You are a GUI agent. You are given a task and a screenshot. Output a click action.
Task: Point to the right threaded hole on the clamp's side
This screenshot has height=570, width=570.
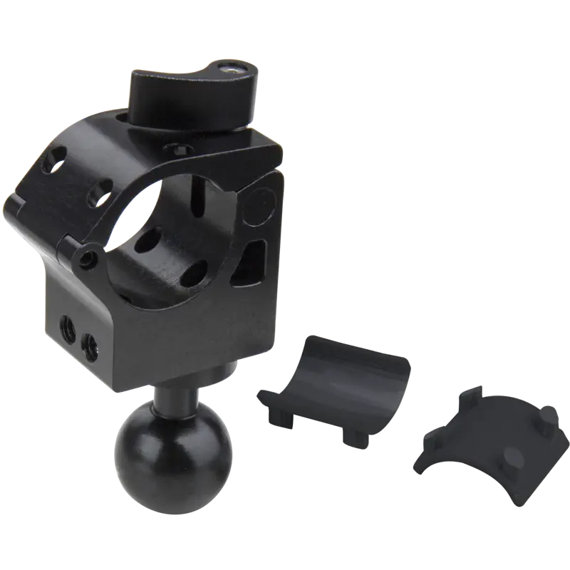tap(91, 346)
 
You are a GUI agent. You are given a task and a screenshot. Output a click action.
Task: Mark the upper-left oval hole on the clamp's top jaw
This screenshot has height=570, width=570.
tap(53, 161)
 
